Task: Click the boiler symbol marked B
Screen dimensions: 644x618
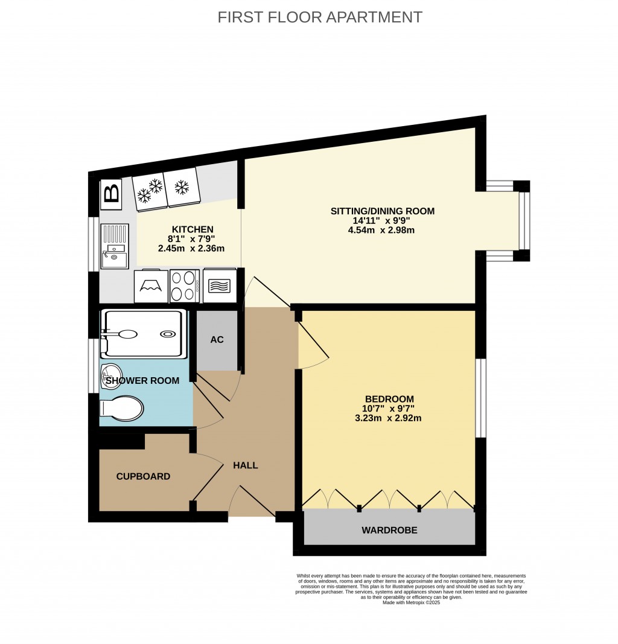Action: point(111,194)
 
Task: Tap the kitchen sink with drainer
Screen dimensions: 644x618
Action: point(114,246)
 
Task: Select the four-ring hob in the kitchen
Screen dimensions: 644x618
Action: point(185,285)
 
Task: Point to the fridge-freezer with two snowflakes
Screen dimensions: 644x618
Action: point(150,191)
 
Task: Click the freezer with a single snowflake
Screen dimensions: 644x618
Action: point(182,187)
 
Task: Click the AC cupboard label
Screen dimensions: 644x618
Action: point(217,340)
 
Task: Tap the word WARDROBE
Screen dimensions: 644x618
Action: point(389,531)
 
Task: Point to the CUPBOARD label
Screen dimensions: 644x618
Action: point(143,476)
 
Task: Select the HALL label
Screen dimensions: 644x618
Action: point(246,465)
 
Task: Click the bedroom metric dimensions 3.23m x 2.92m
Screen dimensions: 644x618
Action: point(389,418)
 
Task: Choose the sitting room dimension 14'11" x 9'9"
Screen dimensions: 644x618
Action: point(382,220)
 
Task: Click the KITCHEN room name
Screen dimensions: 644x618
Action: point(193,229)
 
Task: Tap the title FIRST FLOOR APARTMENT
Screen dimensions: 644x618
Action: point(320,17)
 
